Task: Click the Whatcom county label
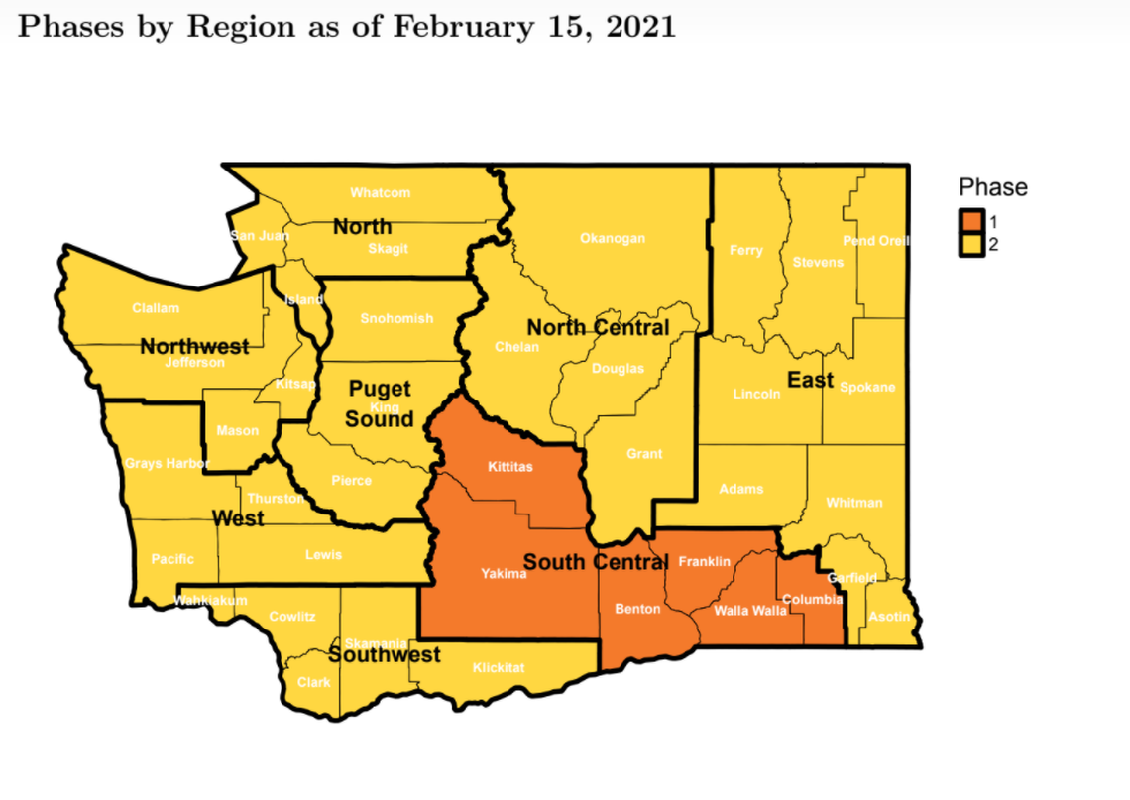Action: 380,192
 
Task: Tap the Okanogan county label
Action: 612,238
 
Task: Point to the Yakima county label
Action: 504,574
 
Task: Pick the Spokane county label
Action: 867,387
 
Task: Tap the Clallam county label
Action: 156,308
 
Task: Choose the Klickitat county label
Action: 499,667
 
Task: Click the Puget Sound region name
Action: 379,404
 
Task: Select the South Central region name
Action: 595,563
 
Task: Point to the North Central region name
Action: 598,328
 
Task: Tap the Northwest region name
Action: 194,347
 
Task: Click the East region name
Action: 810,380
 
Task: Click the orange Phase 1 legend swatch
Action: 971,220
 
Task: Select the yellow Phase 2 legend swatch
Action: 971,244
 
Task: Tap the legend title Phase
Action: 992,187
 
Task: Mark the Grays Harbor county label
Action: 167,463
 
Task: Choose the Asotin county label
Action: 889,617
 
